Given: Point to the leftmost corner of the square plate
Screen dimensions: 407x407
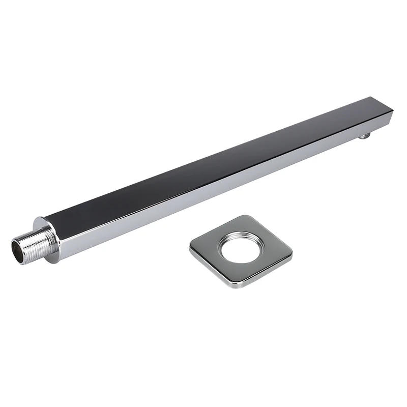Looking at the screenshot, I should click(x=192, y=246).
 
